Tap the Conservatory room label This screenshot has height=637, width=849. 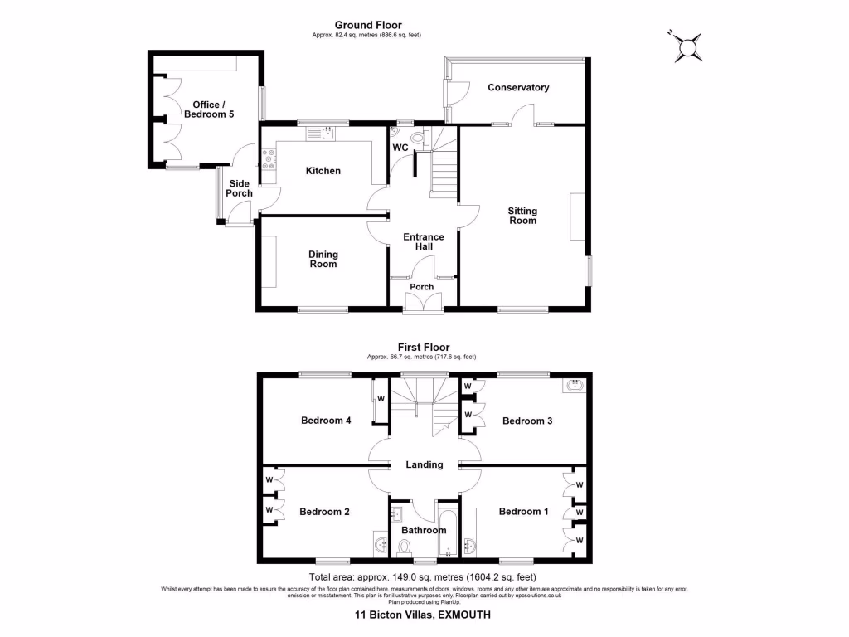click(518, 88)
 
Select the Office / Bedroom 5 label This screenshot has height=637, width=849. click(207, 109)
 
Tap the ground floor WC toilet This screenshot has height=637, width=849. click(418, 139)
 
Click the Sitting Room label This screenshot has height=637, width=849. click(522, 216)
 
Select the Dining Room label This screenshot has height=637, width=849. click(323, 260)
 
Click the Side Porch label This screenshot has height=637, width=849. click(240, 188)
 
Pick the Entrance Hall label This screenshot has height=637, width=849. click(423, 241)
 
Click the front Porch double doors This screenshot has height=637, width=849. click(423, 304)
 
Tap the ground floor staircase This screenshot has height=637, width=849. click(444, 166)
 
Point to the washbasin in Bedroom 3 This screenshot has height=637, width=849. click(574, 385)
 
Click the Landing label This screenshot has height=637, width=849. click(424, 465)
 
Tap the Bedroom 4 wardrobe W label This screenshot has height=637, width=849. click(381, 399)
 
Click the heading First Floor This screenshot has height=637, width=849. click(424, 348)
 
